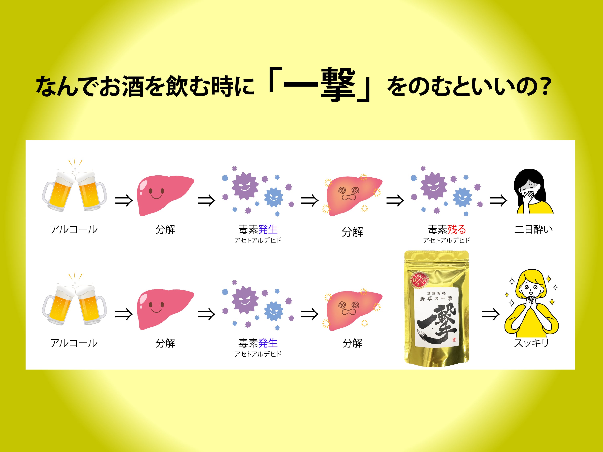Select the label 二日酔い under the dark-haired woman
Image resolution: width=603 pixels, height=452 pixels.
tap(533, 229)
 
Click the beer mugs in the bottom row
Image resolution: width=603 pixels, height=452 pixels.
tap(74, 302)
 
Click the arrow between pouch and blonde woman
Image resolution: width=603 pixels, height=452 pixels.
tap(491, 314)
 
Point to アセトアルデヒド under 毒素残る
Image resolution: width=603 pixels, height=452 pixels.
tap(447, 240)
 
